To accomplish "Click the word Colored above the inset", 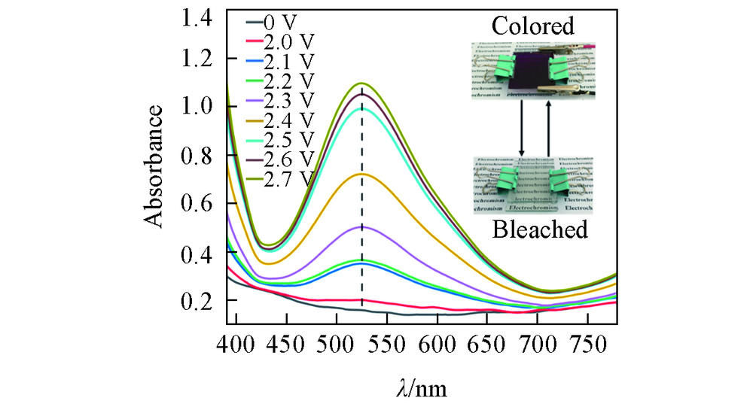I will [532, 26].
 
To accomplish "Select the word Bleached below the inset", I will [539, 229].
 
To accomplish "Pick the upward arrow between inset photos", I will [548, 128].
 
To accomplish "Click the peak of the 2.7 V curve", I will [362, 83].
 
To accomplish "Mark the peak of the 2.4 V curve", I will [362, 174].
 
